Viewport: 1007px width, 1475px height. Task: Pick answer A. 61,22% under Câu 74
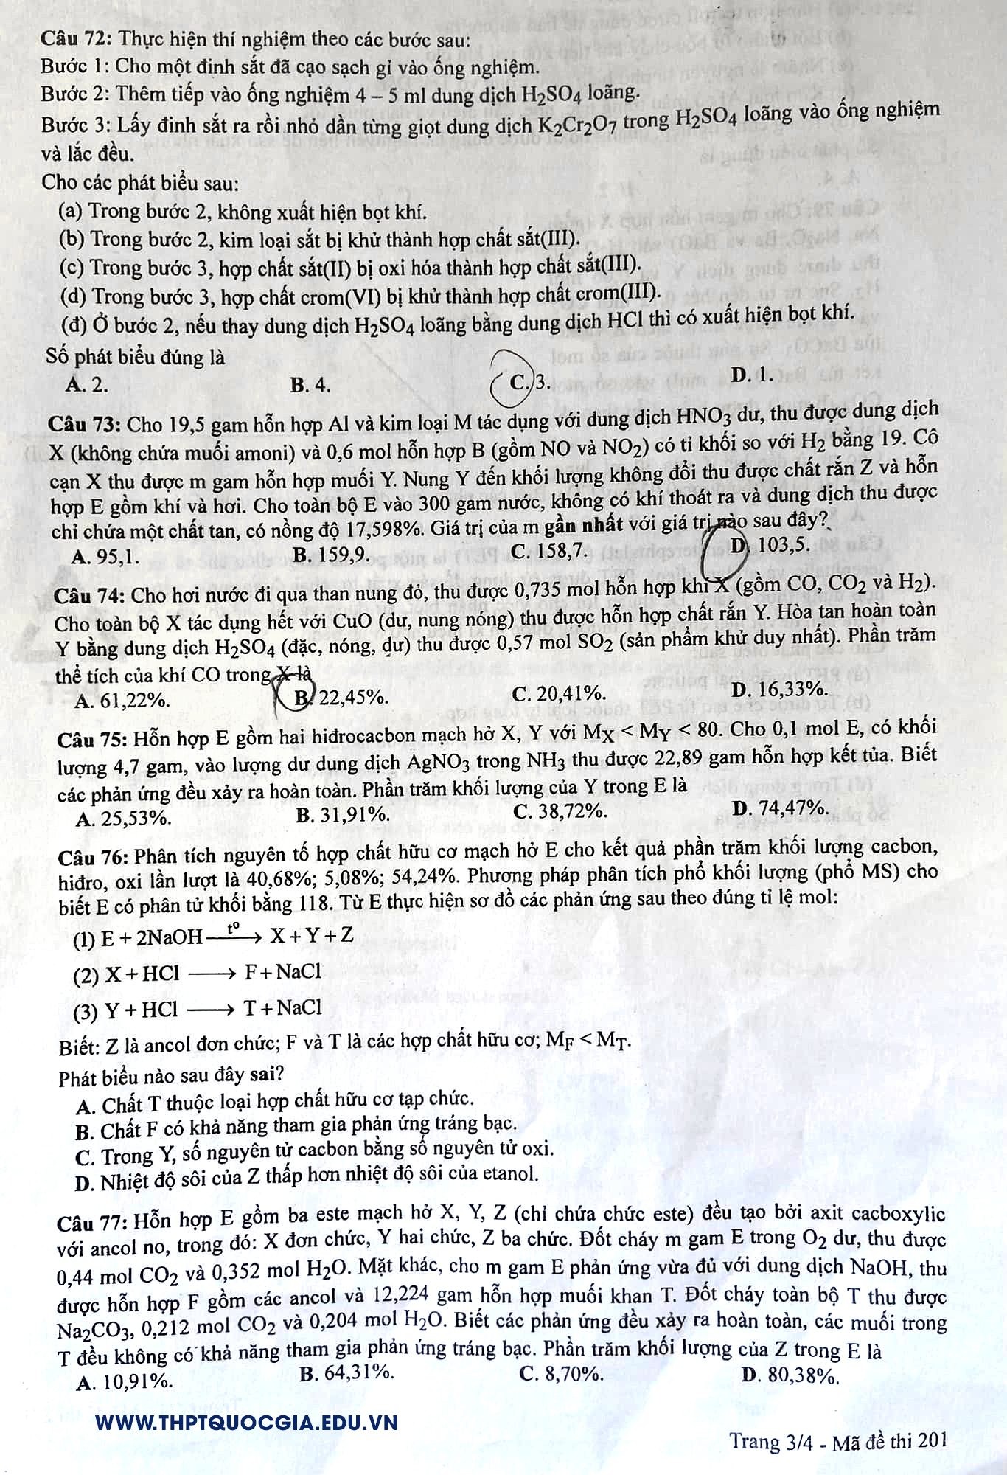pyautogui.click(x=122, y=700)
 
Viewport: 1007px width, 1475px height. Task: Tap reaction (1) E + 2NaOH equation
pyautogui.click(x=214, y=937)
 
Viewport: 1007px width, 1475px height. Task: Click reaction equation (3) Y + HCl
pyautogui.click(x=198, y=1009)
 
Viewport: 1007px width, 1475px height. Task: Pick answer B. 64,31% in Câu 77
pyautogui.click(x=346, y=1372)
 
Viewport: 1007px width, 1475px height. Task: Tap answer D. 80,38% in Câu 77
pyautogui.click(x=790, y=1374)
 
